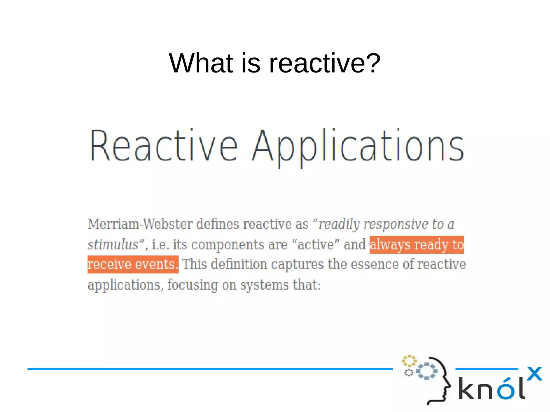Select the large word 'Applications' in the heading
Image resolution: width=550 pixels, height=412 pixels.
pos(358,147)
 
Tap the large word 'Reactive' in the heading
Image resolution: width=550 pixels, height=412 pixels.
pos(164,147)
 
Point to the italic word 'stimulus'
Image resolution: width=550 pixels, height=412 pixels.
pos(113,245)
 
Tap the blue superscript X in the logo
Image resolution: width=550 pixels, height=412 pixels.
pos(534,374)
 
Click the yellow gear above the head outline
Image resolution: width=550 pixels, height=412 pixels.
pos(409,361)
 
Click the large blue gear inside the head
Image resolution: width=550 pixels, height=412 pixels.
pos(426,371)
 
